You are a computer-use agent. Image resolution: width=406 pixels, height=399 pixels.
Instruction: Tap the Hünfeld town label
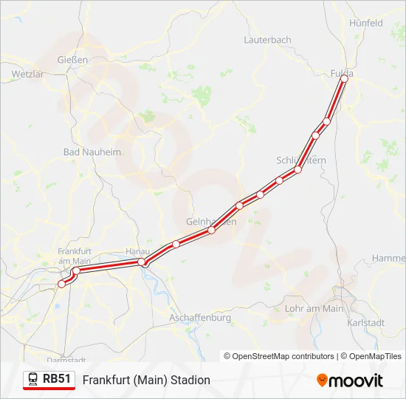pyautogui.click(x=366, y=23)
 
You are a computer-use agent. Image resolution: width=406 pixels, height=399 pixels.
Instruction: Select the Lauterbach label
pyautogui.click(x=267, y=40)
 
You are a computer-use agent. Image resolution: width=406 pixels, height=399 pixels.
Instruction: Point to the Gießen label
pyautogui.click(x=73, y=60)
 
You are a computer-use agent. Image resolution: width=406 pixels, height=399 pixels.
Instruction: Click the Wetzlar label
pyautogui.click(x=27, y=75)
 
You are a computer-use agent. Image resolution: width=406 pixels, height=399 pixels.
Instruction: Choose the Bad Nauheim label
pyautogui.click(x=92, y=151)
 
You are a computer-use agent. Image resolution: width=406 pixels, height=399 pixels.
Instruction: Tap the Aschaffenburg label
pyautogui.click(x=200, y=318)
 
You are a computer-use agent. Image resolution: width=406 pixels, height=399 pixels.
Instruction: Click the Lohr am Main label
pyautogui.click(x=314, y=308)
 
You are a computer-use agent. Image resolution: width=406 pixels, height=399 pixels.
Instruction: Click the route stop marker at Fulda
pyautogui.click(x=344, y=78)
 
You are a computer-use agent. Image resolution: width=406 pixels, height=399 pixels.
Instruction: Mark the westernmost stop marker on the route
pyautogui.click(x=61, y=284)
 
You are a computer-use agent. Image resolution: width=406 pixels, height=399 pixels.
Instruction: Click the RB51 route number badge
pyautogui.click(x=57, y=379)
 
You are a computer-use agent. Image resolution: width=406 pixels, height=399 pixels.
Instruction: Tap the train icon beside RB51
pyautogui.click(x=33, y=380)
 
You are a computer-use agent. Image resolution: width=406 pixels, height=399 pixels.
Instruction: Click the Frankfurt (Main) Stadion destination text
pyautogui.click(x=146, y=380)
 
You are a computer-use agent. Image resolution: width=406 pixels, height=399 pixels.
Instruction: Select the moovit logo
pyautogui.click(x=350, y=381)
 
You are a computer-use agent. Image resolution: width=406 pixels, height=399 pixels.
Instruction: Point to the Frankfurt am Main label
pyautogui.click(x=74, y=256)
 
